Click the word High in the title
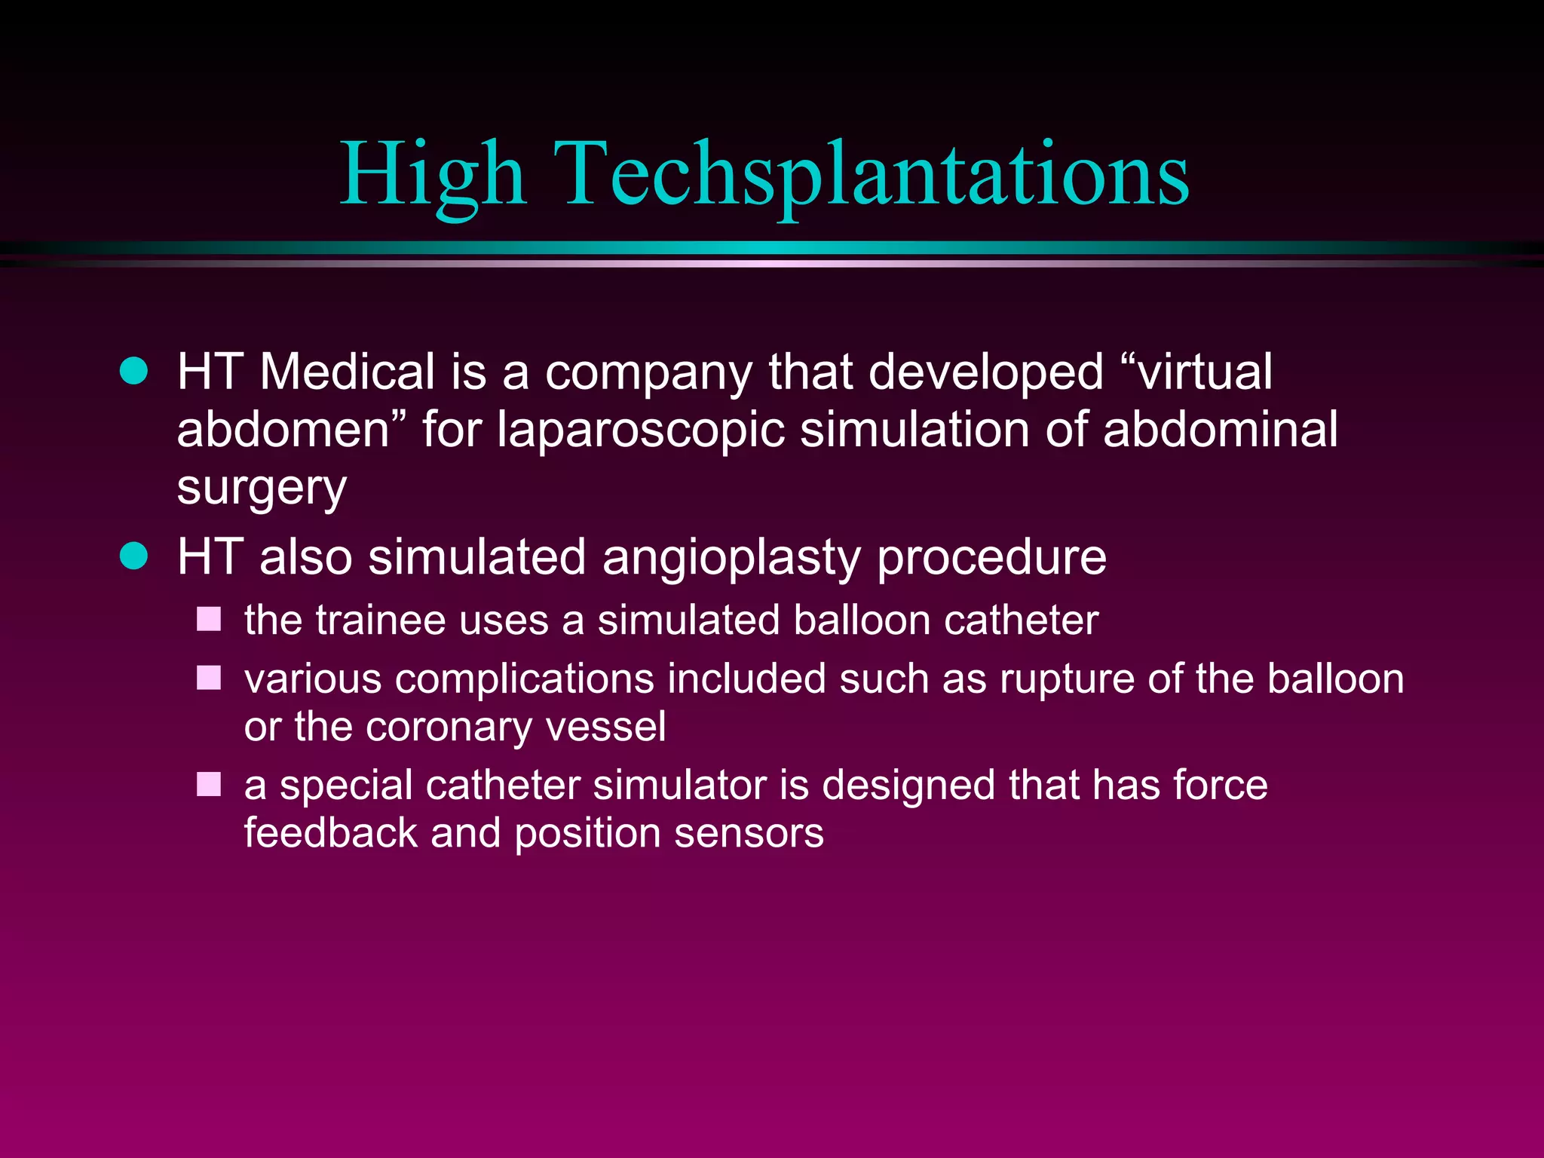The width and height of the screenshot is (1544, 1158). click(433, 175)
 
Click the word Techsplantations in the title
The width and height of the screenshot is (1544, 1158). click(872, 175)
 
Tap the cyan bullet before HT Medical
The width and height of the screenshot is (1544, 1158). click(134, 371)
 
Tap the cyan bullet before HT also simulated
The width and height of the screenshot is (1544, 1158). click(134, 556)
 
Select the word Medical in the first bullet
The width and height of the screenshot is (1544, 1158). click(347, 372)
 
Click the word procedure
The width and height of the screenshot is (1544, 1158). click(992, 558)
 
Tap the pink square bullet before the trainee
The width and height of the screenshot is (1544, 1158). click(209, 620)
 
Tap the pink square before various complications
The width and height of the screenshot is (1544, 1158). click(209, 678)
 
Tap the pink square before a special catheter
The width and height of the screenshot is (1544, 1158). click(209, 784)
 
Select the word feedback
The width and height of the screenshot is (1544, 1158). click(330, 832)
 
